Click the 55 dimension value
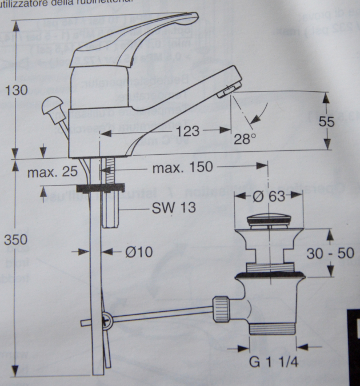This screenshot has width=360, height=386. pyautogui.click(x=341, y=121)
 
